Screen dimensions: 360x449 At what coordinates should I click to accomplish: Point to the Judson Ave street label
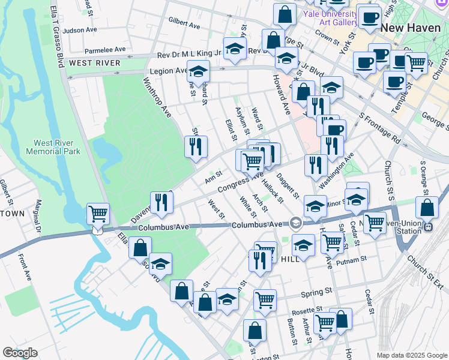coord(80,30)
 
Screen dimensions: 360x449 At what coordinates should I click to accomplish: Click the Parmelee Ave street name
coord(105,49)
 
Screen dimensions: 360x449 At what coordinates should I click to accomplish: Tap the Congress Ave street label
coord(240,182)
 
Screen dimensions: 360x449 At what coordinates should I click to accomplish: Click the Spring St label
coord(316,292)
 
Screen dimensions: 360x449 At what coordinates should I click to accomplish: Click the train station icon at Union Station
coord(428,227)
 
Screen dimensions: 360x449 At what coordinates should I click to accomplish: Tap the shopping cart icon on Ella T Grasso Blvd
coord(98,213)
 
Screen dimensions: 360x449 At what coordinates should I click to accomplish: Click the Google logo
coord(20,353)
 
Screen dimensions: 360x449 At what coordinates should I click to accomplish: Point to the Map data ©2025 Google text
coord(412,355)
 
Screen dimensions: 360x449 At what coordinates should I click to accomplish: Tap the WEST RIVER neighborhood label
coord(95,63)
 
